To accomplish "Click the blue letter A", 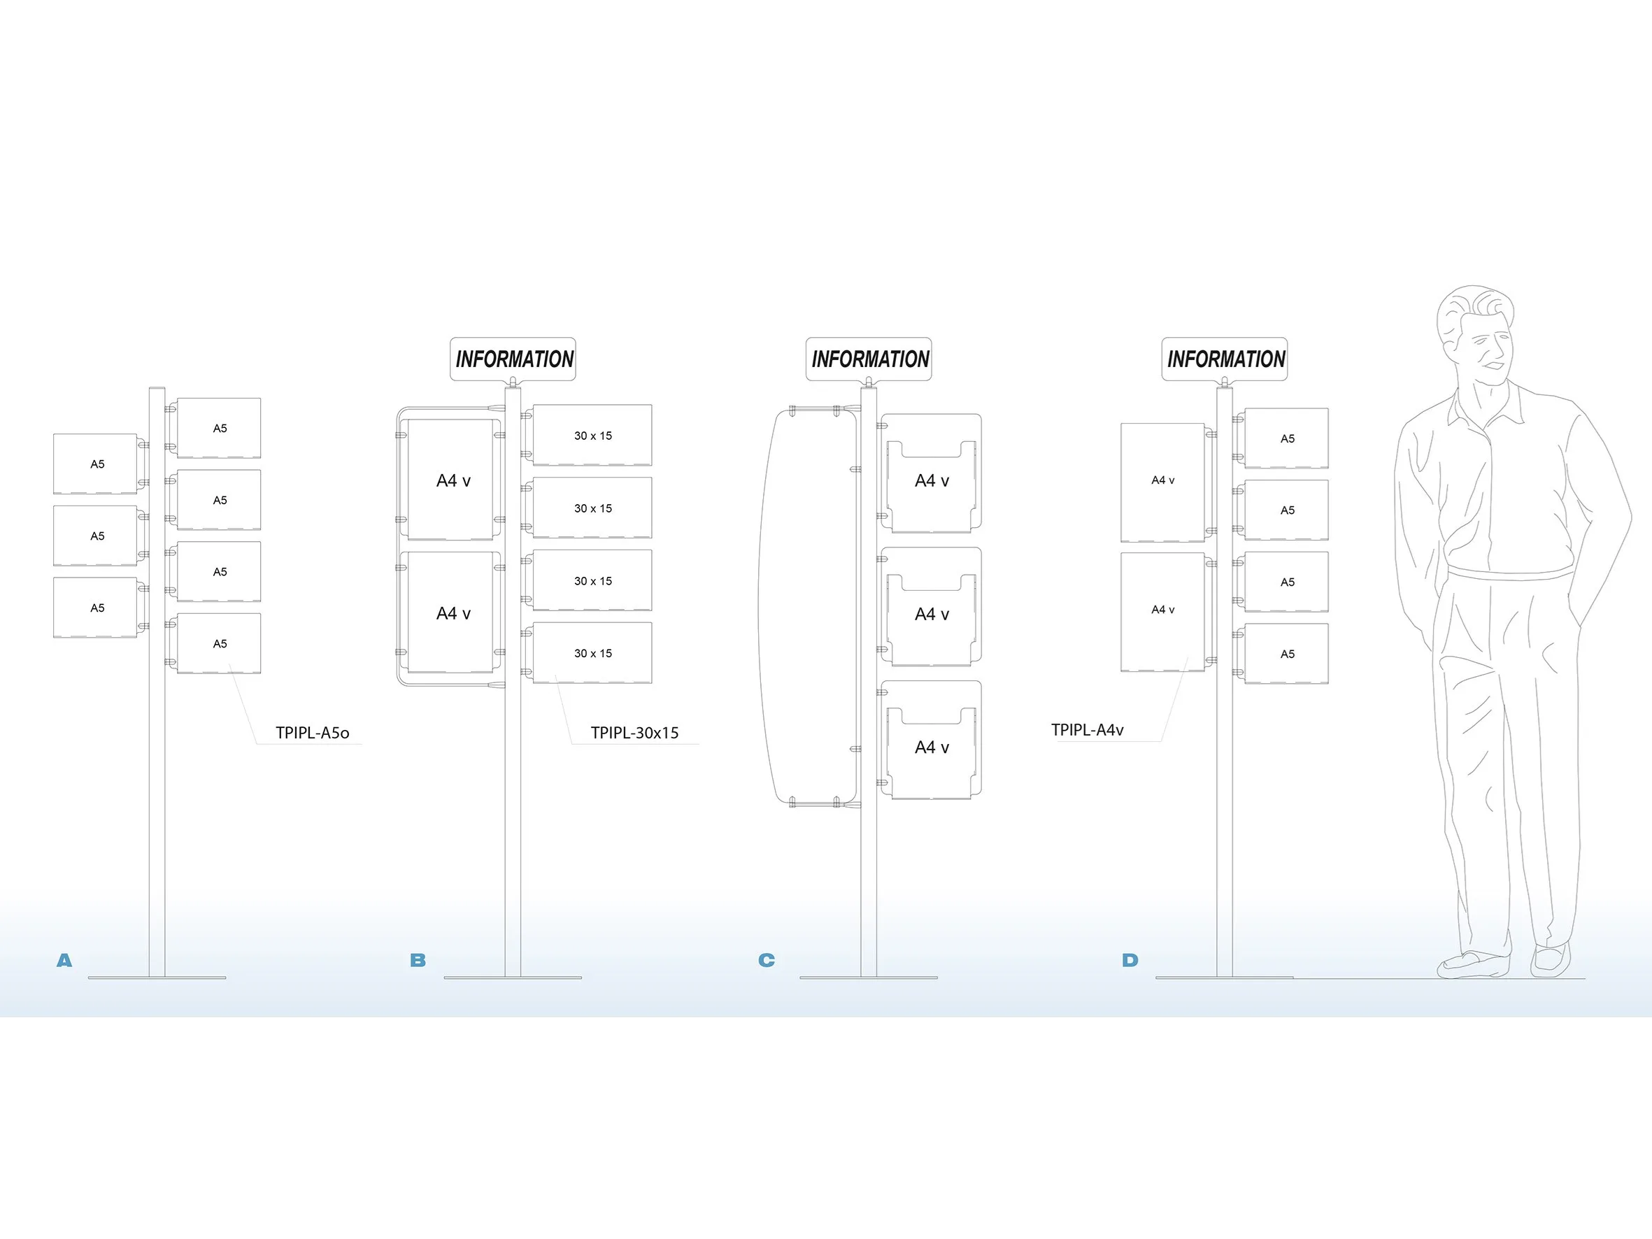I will click(64, 961).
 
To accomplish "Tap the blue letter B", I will click(418, 961).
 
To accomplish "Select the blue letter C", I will click(767, 961).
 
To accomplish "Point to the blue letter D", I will click(1130, 961).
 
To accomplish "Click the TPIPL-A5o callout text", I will click(312, 733).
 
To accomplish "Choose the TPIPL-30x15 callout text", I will click(634, 733).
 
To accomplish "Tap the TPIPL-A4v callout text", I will click(1087, 730).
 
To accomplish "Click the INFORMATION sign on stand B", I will click(513, 359).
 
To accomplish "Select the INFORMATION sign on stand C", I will click(869, 359).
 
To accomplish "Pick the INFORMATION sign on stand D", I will click(1225, 359).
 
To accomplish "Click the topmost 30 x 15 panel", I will click(592, 436).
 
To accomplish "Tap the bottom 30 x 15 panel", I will click(592, 653).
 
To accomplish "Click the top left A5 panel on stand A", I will click(96, 464).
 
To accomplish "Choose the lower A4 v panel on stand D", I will click(1162, 611).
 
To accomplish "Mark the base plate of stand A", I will click(157, 977).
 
